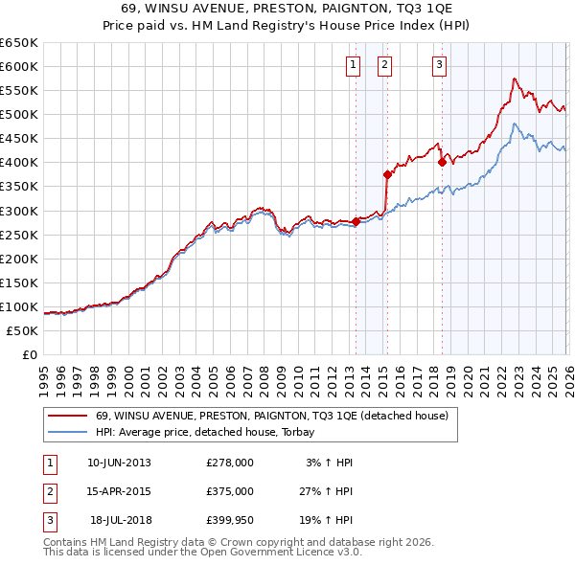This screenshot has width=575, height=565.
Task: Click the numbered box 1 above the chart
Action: [x=353, y=65]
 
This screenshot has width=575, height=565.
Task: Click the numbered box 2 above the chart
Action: [x=384, y=65]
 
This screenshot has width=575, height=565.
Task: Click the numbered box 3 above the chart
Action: [x=439, y=65]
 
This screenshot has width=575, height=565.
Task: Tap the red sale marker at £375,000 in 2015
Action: [x=387, y=174]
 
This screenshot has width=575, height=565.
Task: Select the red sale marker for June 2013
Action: [x=356, y=221]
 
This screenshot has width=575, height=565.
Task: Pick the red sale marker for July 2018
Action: [x=442, y=162]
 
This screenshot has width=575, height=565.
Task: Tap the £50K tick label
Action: [x=21, y=330]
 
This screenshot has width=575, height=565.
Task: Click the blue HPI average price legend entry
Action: [x=211, y=432]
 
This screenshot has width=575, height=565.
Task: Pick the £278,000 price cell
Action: [x=229, y=463]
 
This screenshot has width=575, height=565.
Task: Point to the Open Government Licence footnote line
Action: [x=202, y=553]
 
